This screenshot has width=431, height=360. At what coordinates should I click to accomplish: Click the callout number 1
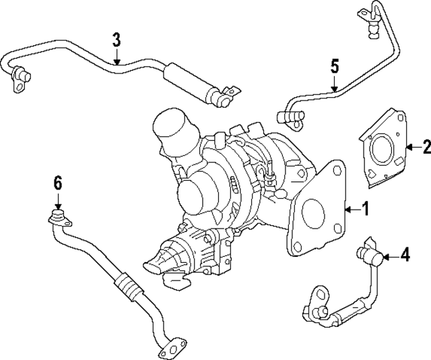(x=365, y=210)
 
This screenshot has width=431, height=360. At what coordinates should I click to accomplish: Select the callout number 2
(x=425, y=146)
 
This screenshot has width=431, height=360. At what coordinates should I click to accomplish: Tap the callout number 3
(x=117, y=39)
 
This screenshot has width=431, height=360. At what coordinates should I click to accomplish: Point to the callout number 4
(x=404, y=255)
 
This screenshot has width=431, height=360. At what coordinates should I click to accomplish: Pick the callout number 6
(x=58, y=182)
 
